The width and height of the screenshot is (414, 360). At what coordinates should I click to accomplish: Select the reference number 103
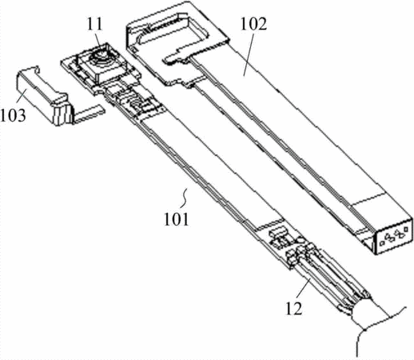tap(13, 115)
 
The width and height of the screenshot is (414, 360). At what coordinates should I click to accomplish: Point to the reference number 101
tap(176, 219)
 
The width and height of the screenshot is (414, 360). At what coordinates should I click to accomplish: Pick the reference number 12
tap(294, 308)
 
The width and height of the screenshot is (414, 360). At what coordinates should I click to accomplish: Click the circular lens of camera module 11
tap(101, 57)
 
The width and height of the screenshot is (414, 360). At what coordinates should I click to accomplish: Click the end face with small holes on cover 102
tap(394, 237)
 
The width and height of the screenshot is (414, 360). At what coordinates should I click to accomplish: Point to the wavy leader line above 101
tap(185, 198)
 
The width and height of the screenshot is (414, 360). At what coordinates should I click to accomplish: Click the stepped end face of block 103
tap(62, 114)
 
